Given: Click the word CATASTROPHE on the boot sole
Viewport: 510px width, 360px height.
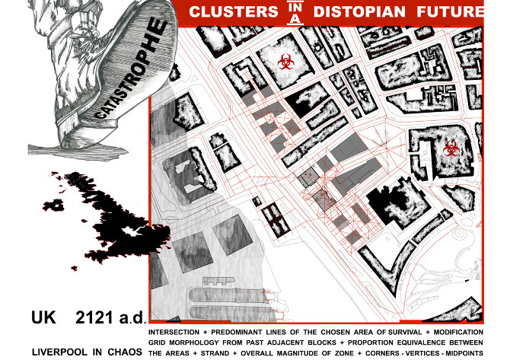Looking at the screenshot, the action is point(129,72).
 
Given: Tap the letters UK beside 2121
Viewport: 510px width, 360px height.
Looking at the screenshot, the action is point(43,316).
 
